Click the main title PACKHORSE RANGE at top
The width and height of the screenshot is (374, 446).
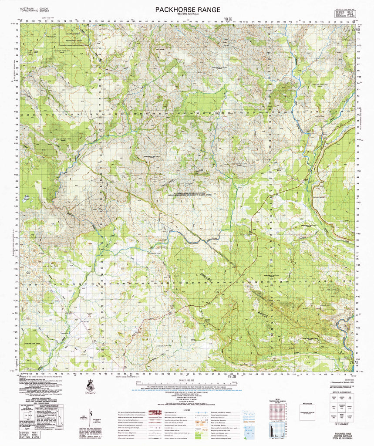(x=187, y=10)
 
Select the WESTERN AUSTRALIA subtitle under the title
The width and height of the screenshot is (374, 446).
(x=187, y=15)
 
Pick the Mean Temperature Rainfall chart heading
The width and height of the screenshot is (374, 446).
(x=277, y=399)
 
